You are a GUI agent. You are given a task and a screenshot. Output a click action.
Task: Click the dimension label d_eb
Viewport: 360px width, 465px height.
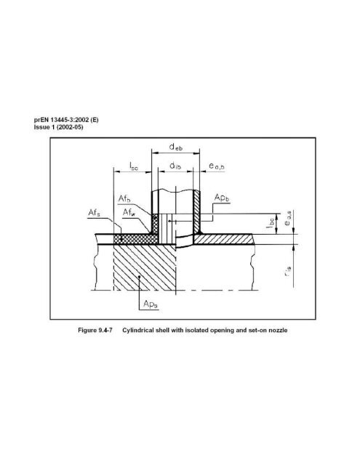172,147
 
